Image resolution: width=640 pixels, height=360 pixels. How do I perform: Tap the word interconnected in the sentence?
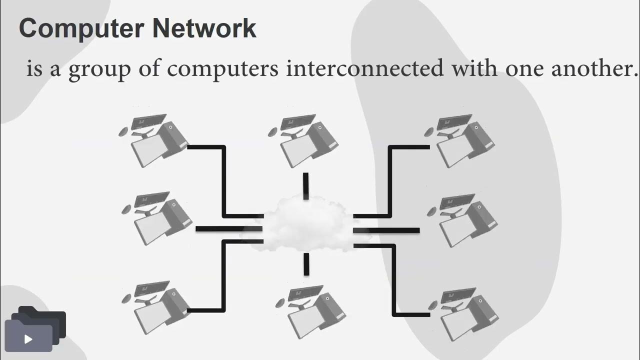(364, 68)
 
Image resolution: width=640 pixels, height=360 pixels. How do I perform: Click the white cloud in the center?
(305, 224)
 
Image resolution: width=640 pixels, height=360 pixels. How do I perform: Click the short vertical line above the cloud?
(305, 186)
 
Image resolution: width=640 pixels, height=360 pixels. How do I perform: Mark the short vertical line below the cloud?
(306, 263)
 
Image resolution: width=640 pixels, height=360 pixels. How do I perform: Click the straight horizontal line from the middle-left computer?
(228, 229)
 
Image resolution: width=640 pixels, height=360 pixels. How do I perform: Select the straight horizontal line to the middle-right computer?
(387, 230)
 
